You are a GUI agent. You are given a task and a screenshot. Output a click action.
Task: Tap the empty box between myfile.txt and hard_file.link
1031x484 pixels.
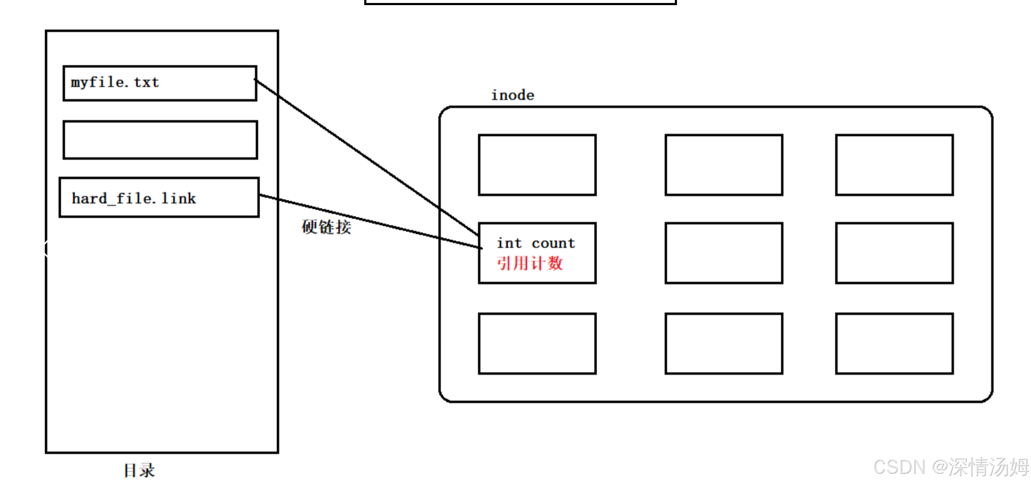[x=160, y=140]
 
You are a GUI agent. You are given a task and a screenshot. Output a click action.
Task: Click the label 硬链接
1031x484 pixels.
[x=326, y=227]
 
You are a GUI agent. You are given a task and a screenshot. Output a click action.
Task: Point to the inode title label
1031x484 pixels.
[x=512, y=95]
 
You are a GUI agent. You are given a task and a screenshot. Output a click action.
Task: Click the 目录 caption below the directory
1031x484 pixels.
[x=139, y=470]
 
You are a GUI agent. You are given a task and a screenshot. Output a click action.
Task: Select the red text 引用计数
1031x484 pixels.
[x=530, y=263]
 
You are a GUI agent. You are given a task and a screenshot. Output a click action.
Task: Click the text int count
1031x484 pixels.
[x=536, y=243]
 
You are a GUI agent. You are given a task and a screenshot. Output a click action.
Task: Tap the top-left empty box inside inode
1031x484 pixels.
[x=537, y=165]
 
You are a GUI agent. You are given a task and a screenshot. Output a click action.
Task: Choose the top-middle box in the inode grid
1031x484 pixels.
[x=724, y=165]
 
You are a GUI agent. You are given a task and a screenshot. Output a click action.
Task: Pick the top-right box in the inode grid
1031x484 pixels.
[x=894, y=165]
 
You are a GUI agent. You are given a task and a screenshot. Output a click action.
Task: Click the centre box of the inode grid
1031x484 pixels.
[x=724, y=253]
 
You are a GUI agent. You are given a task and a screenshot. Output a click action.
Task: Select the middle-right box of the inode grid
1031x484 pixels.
[x=894, y=253]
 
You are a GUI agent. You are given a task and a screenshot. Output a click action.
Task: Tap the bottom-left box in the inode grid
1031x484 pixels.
[x=537, y=344]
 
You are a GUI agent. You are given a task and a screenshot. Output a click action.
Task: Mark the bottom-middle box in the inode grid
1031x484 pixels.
[x=724, y=344]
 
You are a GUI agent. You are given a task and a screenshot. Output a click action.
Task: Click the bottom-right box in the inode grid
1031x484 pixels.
[x=894, y=344]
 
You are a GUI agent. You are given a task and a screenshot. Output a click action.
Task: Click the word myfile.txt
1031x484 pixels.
[x=115, y=82]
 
